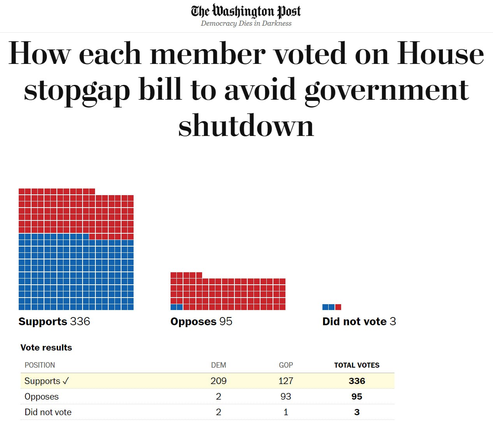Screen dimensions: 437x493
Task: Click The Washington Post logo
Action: (246, 11)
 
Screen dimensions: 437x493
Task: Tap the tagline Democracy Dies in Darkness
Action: (246, 23)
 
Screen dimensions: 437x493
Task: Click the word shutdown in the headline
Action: (246, 126)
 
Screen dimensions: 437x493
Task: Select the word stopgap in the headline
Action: (77, 90)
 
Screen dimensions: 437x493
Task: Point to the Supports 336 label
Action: (54, 321)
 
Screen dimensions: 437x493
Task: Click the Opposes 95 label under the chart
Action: (201, 321)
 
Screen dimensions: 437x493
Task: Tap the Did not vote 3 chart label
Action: (359, 321)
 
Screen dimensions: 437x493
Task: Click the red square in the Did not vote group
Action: (338, 307)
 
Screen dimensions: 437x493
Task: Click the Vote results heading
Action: (46, 347)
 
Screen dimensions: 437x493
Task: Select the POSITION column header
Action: (40, 365)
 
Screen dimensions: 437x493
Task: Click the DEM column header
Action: (218, 365)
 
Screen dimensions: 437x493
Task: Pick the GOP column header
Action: (286, 365)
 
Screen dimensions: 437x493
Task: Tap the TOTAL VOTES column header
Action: (357, 365)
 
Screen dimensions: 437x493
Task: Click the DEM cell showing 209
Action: (218, 381)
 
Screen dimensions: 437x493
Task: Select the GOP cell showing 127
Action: (286, 381)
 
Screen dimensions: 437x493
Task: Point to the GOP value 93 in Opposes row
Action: (286, 396)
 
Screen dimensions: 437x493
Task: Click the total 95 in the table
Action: (357, 396)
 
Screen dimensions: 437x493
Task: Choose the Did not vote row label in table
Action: (48, 412)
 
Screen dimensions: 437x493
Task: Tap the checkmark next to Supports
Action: (65, 381)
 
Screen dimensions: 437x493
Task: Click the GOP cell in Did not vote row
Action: (286, 412)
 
